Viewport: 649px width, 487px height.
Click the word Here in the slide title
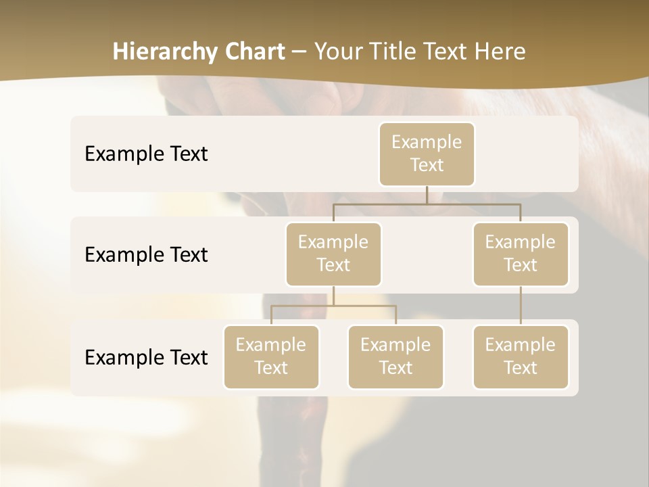(x=500, y=52)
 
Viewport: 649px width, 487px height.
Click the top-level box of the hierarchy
(x=427, y=154)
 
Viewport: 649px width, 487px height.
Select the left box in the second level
(x=333, y=254)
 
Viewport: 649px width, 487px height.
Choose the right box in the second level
(x=521, y=254)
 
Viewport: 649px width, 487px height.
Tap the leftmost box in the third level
(x=271, y=356)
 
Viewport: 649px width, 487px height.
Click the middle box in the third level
(x=395, y=356)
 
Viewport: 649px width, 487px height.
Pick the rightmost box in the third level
(x=521, y=356)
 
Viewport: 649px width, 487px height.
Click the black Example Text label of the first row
(x=146, y=154)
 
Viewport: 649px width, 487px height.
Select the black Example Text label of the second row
(x=146, y=254)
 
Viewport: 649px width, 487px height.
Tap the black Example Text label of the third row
(x=146, y=357)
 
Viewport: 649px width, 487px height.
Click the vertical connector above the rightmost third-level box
(x=521, y=306)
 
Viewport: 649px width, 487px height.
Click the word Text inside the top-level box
(x=427, y=165)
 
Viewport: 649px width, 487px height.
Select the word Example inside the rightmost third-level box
(x=521, y=345)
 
